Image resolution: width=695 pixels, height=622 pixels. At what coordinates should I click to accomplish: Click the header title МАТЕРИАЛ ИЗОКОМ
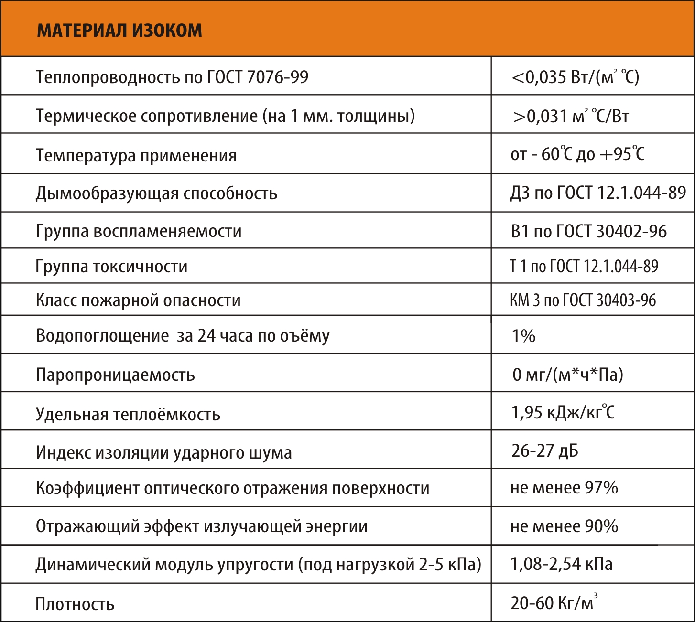(119, 30)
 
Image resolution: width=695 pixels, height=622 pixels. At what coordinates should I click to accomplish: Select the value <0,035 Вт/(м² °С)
(575, 77)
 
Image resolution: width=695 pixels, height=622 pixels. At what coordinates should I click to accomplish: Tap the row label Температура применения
(136, 155)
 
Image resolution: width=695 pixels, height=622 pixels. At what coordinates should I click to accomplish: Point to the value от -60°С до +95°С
(577, 154)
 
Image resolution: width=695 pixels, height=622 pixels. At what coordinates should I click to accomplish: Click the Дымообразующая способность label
(156, 193)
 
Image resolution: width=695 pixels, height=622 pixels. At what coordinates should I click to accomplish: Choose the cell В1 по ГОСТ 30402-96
(588, 231)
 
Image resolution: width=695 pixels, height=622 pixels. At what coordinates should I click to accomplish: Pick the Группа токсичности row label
(111, 266)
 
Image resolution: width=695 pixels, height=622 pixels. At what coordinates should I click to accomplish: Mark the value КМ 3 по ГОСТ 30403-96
(583, 300)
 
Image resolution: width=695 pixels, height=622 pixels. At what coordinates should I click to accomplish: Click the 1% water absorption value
(523, 336)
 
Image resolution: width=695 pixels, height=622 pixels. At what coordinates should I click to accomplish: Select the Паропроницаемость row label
(115, 375)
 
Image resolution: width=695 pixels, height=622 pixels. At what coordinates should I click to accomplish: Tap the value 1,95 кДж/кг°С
(563, 412)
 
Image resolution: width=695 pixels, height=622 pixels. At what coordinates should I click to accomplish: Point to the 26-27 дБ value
(544, 450)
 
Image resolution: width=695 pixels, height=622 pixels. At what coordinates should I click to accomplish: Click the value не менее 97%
(564, 488)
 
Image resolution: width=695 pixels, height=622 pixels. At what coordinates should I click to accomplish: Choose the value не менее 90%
(564, 526)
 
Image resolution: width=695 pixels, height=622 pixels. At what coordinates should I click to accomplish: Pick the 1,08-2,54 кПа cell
(561, 564)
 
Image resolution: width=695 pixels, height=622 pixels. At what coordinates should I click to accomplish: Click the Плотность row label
(75, 604)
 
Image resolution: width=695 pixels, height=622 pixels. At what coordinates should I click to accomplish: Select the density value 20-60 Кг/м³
(554, 602)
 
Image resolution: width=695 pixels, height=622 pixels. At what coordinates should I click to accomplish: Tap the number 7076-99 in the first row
(278, 77)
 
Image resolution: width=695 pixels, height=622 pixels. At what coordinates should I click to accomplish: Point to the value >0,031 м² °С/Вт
(571, 116)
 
